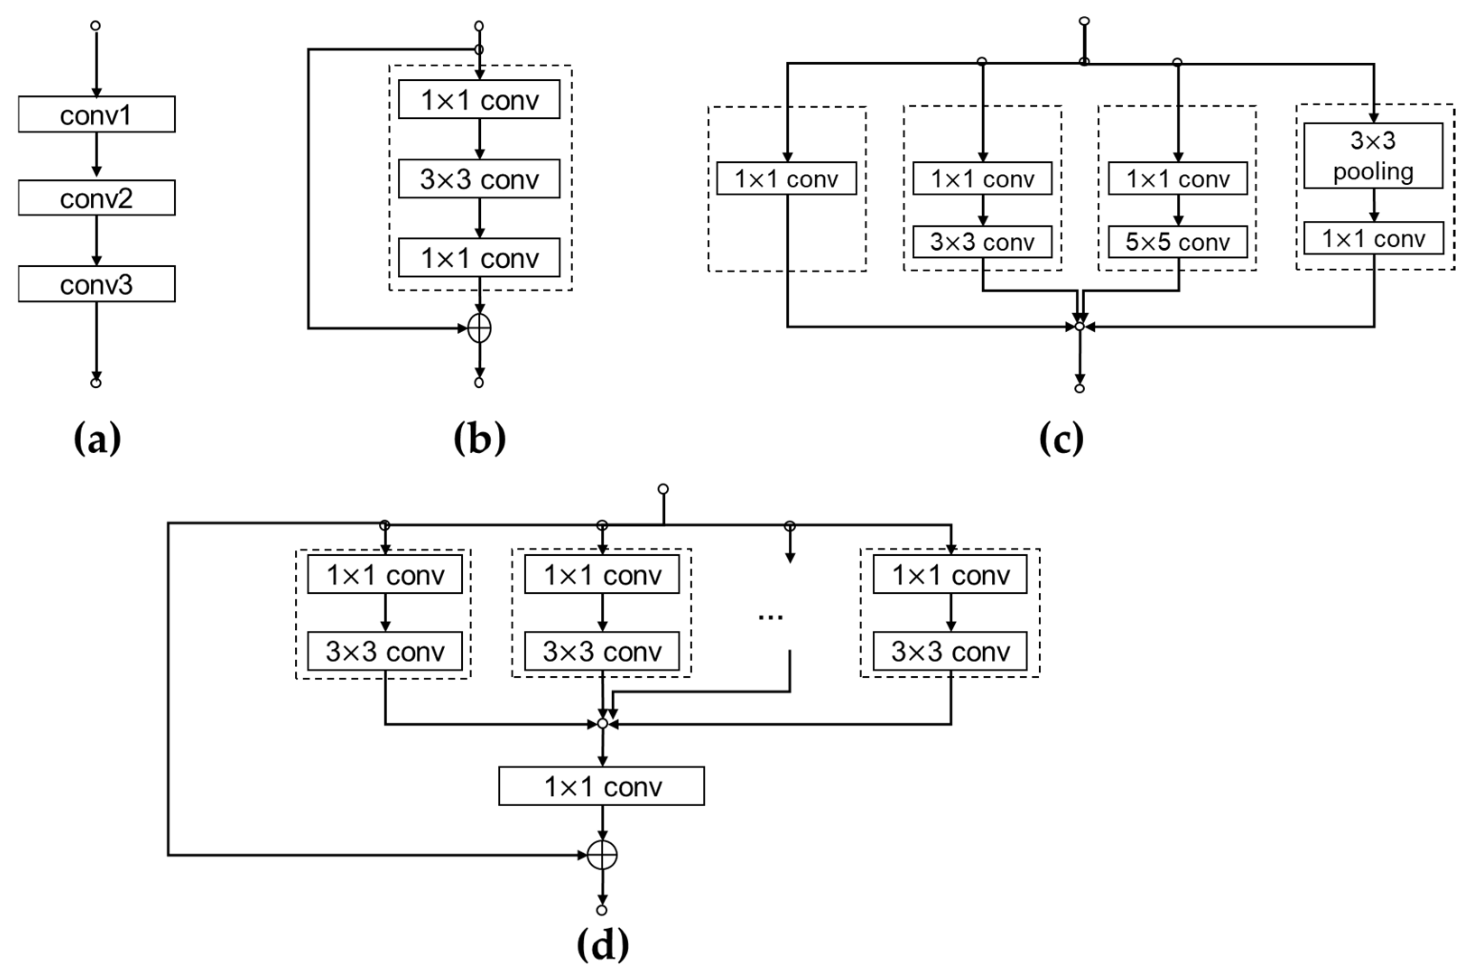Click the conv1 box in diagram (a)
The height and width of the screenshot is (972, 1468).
click(96, 115)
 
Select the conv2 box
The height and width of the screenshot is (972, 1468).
click(96, 198)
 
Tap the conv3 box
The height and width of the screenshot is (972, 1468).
click(96, 284)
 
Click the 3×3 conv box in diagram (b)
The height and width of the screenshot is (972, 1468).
click(479, 179)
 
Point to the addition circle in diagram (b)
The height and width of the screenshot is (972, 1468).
click(479, 328)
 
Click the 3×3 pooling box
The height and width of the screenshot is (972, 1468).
click(1373, 156)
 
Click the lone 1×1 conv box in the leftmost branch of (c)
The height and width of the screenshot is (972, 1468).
click(786, 178)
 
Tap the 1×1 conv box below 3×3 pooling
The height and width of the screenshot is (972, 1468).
click(1373, 238)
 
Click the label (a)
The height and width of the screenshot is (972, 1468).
click(97, 439)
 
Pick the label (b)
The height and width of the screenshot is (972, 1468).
click(479, 439)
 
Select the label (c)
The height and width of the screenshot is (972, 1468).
click(1061, 439)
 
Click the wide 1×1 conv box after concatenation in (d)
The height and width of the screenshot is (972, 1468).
click(601, 786)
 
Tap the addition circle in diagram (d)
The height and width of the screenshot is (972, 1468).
click(602, 856)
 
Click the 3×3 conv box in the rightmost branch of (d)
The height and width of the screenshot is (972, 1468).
click(950, 651)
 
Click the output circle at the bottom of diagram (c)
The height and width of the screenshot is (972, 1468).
click(1079, 389)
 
